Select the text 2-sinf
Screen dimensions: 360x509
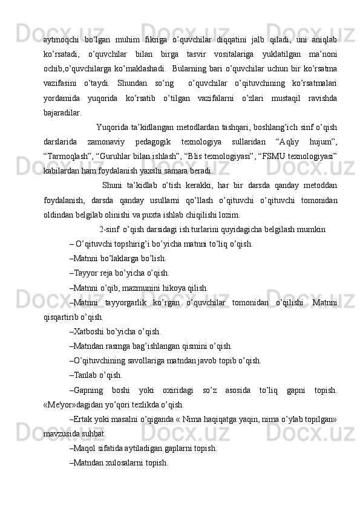tap(109, 229)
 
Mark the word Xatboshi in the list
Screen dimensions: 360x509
tap(89, 331)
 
